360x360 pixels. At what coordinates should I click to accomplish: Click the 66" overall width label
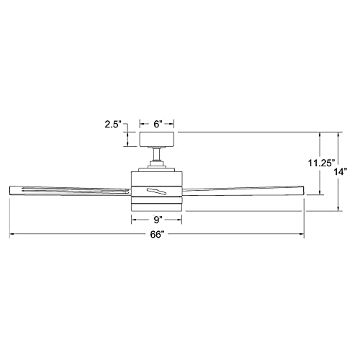[157, 234]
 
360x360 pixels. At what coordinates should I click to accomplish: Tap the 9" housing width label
[157, 220]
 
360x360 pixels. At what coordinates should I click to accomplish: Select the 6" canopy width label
[157, 125]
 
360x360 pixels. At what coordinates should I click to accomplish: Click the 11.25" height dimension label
[321, 163]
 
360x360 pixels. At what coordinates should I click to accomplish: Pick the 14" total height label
[341, 172]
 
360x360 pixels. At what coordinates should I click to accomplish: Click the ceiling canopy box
[157, 139]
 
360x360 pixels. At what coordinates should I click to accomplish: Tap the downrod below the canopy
[157, 154]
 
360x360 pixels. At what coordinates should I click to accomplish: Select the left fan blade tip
[9, 190]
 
